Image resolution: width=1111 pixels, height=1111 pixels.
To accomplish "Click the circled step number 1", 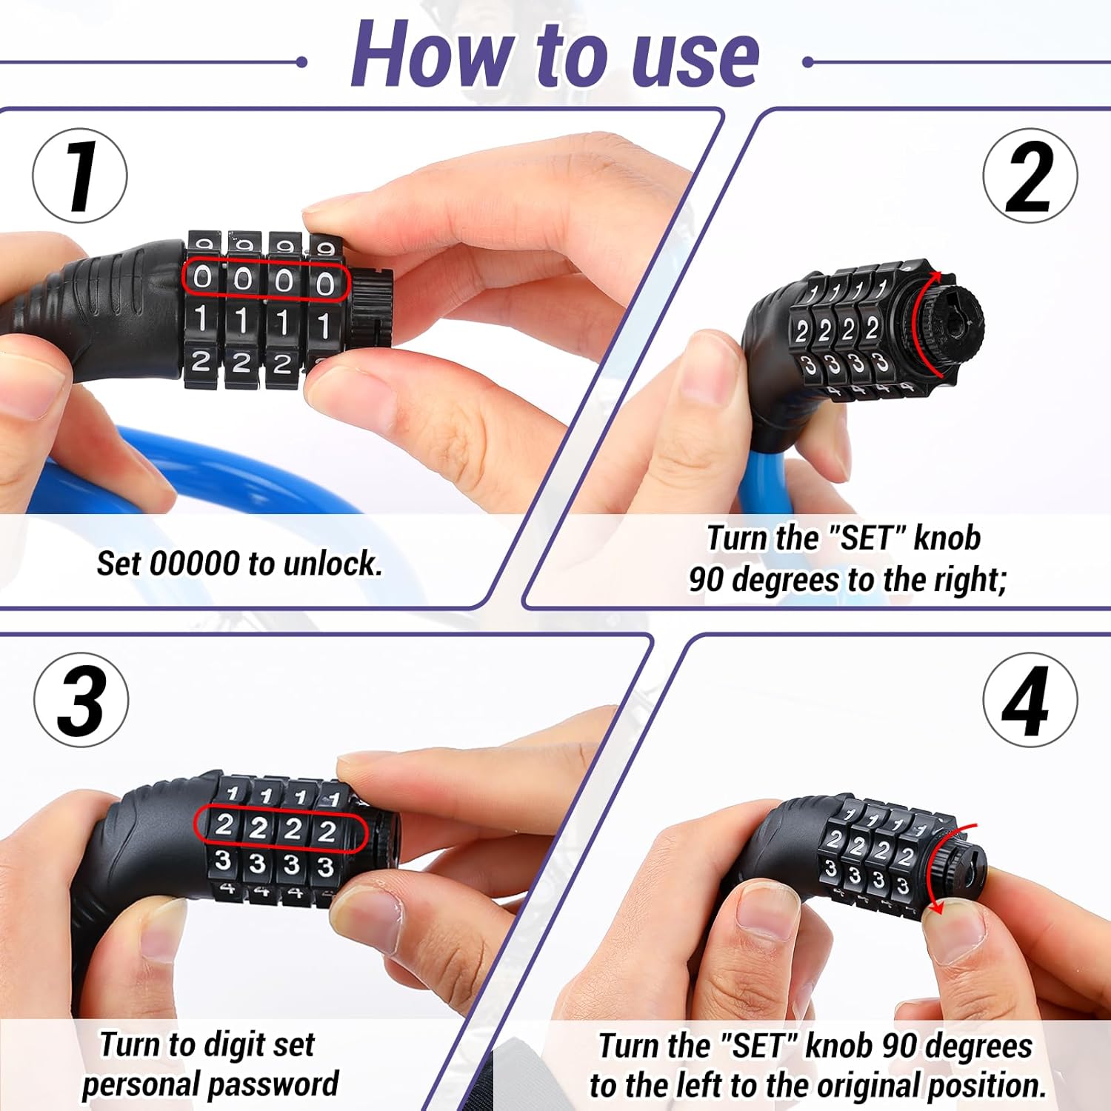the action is tap(80, 176).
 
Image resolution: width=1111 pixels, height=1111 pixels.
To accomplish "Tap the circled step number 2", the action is tap(1030, 176).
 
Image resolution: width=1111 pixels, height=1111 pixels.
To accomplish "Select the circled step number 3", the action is tap(81, 700).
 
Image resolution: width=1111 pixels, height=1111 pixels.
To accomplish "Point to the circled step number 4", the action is tap(1030, 700).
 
